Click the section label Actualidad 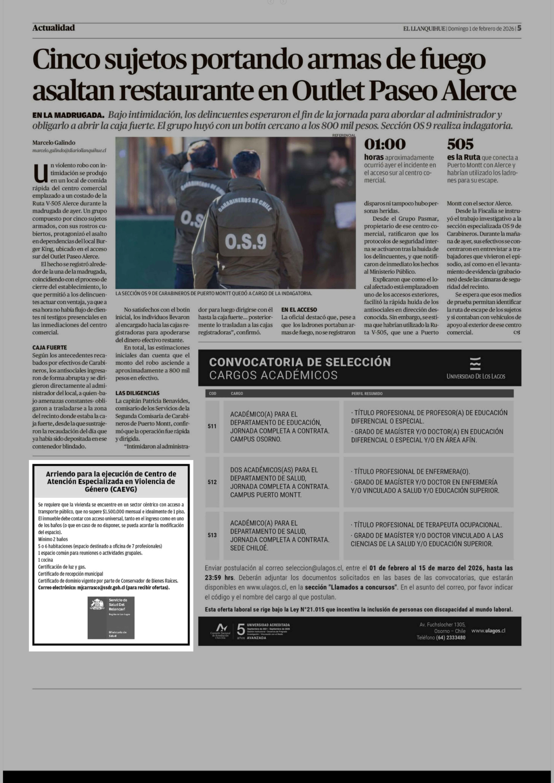[54, 28]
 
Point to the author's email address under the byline [69, 150]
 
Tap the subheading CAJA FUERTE [49, 348]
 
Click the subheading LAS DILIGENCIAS [137, 393]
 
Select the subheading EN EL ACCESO [299, 310]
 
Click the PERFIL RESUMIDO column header [367, 394]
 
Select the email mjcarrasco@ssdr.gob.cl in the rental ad [101, 588]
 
